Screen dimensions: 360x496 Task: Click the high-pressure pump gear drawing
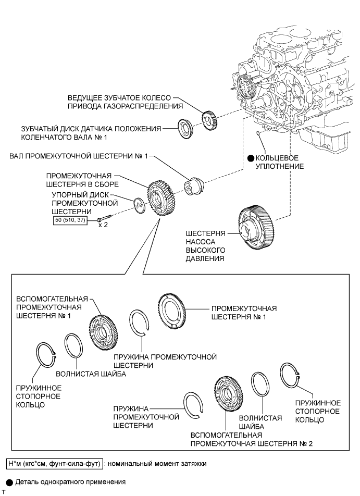click(256, 228)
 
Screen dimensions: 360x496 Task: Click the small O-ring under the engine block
click(258, 133)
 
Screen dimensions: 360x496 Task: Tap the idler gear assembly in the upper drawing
click(160, 199)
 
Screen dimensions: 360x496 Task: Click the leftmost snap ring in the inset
click(46, 355)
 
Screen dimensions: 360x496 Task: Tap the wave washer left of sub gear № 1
click(73, 349)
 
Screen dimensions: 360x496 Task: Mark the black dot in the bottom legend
click(10, 482)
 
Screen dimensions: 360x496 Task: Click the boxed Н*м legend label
click(54, 464)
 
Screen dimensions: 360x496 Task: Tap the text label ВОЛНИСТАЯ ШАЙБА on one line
click(91, 374)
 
